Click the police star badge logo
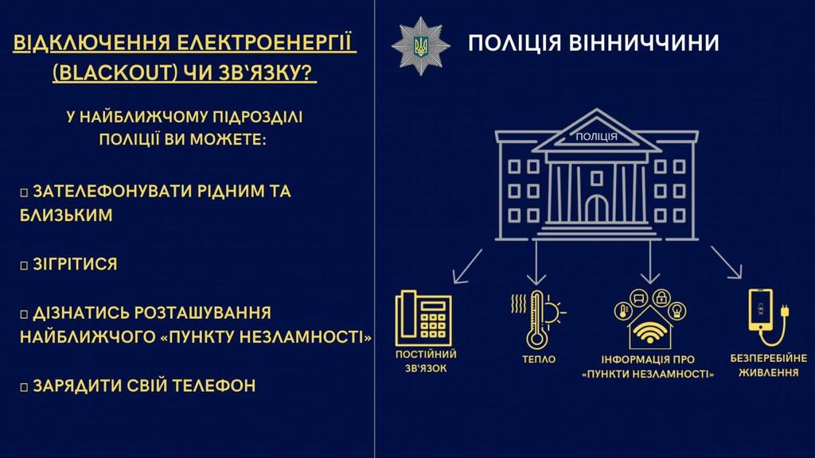coord(421,45)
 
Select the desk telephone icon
coord(423,319)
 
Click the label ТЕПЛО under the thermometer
coord(539,359)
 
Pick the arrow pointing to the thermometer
coord(537,262)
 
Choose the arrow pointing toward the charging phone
coord(727,263)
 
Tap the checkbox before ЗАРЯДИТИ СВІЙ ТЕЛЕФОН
coord(25,387)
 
